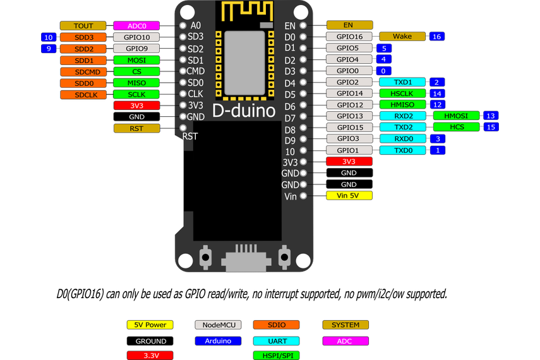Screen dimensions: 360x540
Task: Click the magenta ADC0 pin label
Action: tap(136, 26)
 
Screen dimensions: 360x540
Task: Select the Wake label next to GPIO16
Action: tap(402, 37)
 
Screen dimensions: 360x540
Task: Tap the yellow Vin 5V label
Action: tap(349, 196)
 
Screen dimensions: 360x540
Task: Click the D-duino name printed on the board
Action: tap(244, 111)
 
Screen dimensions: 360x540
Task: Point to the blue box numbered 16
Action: tap(436, 37)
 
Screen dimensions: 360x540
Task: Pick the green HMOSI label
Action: tap(457, 116)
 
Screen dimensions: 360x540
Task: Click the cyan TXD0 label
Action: tap(402, 150)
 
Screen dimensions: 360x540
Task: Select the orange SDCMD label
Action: tap(83, 71)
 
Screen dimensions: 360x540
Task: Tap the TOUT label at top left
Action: tap(83, 26)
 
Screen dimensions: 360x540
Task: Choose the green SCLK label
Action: tap(136, 94)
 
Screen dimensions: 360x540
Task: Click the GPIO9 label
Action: tap(136, 49)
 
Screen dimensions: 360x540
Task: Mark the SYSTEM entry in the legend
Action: tap(345, 325)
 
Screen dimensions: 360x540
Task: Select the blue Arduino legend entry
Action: tap(218, 340)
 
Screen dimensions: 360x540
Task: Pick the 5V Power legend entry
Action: tap(150, 325)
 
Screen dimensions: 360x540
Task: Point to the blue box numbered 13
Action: tap(490, 116)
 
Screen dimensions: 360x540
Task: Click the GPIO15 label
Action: tap(349, 127)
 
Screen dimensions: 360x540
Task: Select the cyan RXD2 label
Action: tap(402, 116)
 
